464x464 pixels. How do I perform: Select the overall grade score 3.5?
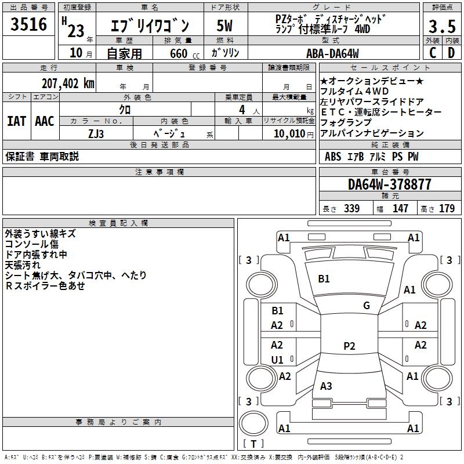coord(441,27)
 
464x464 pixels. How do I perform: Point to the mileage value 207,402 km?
coord(68,84)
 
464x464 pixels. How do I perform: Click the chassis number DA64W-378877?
coord(390,184)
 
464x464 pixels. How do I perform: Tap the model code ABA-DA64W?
coord(332,53)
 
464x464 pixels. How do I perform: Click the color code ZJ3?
coord(96,133)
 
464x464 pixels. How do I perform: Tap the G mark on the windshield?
coord(367,306)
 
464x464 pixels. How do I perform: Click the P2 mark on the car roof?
coord(349,346)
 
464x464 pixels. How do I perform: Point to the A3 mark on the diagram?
coord(326,386)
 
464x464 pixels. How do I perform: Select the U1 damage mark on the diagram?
coord(277,360)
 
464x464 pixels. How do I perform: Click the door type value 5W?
coord(225,26)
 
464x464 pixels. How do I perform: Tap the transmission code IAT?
coord(16,121)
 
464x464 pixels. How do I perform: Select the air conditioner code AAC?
coord(45,121)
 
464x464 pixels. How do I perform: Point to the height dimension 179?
coord(447,209)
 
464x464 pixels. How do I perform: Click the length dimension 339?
coord(351,209)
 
